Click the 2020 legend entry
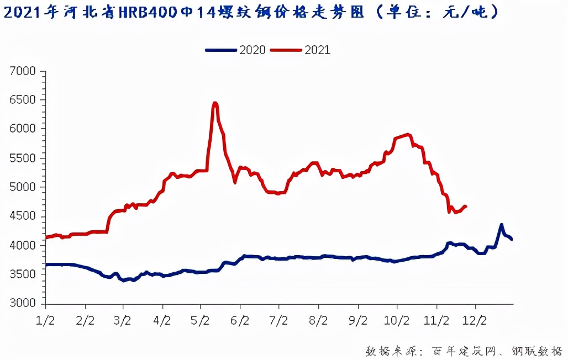coord(236,50)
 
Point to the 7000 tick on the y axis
coord(23,71)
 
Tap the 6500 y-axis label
coord(23,100)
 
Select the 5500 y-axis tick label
coord(23,158)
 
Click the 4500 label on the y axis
coord(23,216)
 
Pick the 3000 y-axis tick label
coord(23,304)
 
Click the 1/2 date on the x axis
coord(45,320)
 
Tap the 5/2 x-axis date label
coord(200,320)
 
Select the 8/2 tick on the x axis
coord(318,320)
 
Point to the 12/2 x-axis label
coord(475,320)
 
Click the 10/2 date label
coord(397,320)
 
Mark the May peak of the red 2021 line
coord(215,103)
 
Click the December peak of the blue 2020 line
coord(501,225)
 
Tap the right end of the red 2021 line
coord(466,207)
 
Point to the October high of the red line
coord(407,134)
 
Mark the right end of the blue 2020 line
coord(512,239)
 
